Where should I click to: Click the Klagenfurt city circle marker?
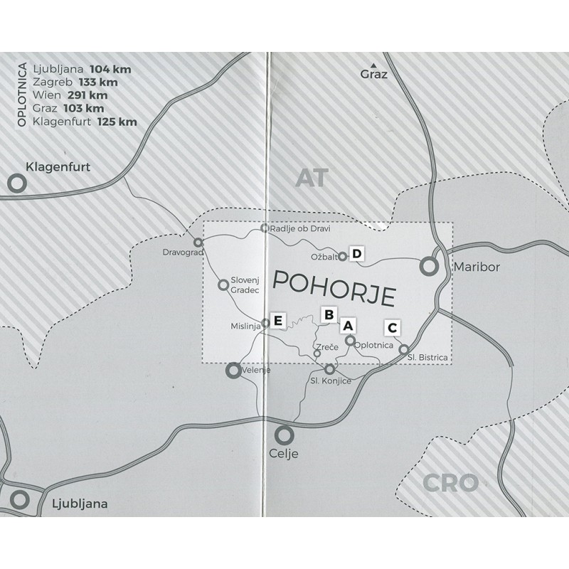click(16, 184)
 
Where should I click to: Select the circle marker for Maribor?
click(429, 267)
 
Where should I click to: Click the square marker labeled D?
click(357, 255)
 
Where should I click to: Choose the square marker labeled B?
click(329, 314)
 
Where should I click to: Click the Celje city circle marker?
click(284, 434)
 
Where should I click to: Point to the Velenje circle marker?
click(233, 370)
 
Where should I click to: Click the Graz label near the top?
click(374, 73)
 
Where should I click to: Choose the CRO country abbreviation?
click(450, 484)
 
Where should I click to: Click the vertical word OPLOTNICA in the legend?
click(21, 95)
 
